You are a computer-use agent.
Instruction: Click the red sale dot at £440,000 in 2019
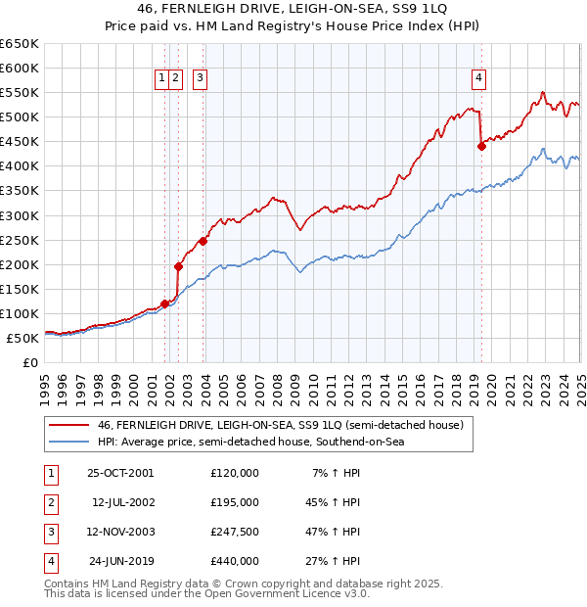point(481,146)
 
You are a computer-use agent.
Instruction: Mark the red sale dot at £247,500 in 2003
point(203,240)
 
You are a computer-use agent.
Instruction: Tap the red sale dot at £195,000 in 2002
point(178,265)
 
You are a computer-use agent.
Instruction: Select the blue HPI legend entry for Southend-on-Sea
point(250,443)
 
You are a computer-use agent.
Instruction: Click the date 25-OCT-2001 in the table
point(120,473)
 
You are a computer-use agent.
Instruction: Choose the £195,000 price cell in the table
point(235,502)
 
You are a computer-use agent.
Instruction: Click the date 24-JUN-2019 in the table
point(120,562)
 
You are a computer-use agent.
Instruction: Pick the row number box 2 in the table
point(49,502)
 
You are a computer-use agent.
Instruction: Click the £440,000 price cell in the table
point(235,562)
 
